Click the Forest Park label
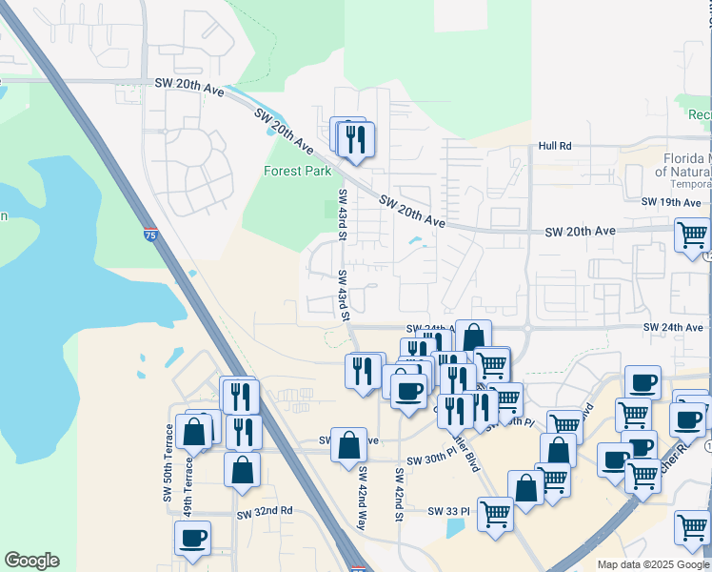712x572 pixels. (x=297, y=172)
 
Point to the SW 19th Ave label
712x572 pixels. (x=671, y=202)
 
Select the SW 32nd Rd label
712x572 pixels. (x=265, y=512)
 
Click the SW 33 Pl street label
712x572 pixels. (x=448, y=511)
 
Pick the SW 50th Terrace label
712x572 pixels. (x=168, y=463)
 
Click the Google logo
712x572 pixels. (x=31, y=561)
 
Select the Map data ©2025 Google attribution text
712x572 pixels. (x=654, y=564)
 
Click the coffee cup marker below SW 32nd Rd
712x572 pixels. (x=192, y=538)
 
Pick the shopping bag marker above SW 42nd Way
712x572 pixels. (x=349, y=443)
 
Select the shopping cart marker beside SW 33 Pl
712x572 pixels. (x=495, y=514)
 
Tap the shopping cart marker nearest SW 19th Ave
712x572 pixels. (x=692, y=235)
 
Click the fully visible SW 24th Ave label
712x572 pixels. (x=672, y=327)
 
